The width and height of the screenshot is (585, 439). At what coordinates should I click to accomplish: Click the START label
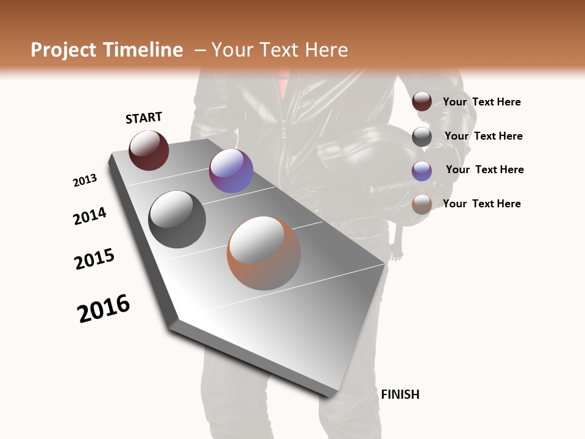144,118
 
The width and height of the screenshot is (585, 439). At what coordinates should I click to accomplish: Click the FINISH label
400,394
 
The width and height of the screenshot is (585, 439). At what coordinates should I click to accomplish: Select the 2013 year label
85,180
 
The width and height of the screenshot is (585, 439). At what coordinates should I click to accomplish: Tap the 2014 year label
90,216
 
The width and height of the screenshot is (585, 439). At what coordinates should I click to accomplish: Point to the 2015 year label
94,259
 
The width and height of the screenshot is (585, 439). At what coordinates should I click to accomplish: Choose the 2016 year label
104,309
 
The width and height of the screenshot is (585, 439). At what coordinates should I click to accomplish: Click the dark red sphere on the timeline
149,151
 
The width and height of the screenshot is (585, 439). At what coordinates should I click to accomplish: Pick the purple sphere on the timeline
231,171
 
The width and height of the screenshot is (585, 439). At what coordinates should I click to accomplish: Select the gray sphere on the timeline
177,219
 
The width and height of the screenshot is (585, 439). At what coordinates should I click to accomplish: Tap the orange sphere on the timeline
264,253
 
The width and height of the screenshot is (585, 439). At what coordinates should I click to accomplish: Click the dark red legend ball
422,102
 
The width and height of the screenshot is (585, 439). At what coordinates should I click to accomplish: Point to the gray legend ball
422,137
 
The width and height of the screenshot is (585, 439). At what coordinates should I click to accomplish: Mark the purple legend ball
422,170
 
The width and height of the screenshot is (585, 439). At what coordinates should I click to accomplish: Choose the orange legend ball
422,204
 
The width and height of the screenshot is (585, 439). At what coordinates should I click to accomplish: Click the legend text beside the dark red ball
481,102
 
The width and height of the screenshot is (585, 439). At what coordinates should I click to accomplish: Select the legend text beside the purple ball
484,170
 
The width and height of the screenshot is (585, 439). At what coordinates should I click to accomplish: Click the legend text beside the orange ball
481,204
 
